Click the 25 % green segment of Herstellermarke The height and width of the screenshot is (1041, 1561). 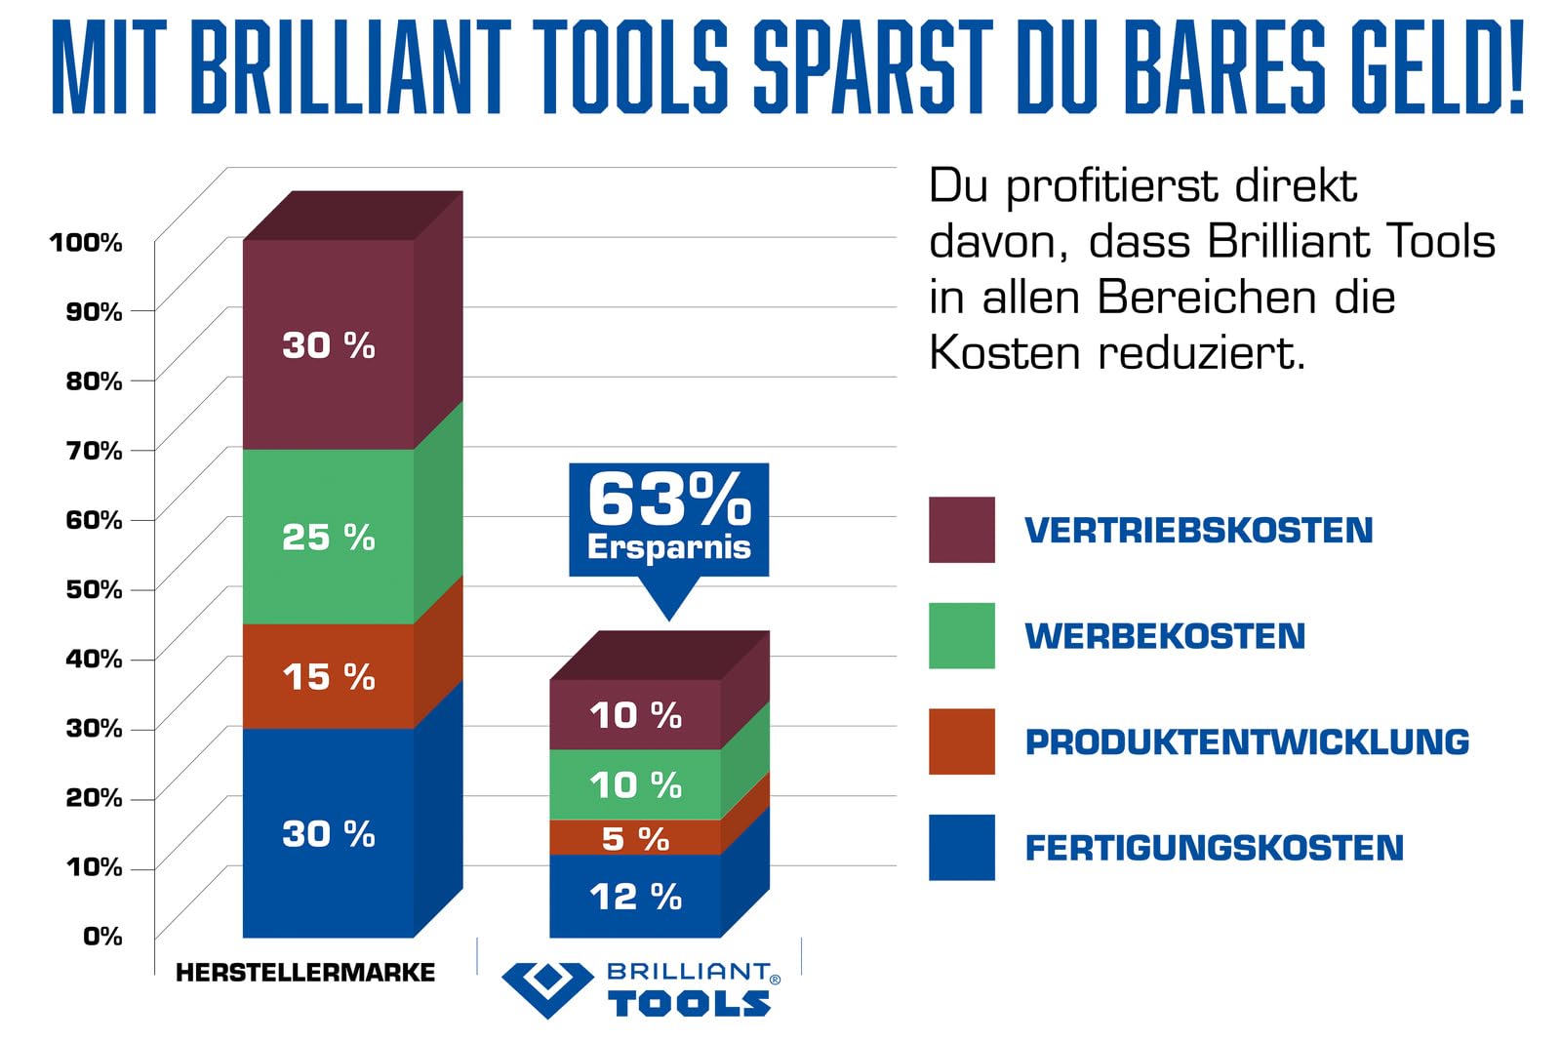(x=329, y=537)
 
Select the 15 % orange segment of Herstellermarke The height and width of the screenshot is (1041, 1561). (x=329, y=676)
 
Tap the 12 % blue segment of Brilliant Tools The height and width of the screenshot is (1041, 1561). (x=635, y=896)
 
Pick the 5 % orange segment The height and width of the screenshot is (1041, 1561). (x=635, y=837)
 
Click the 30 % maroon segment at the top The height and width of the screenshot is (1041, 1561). (x=329, y=344)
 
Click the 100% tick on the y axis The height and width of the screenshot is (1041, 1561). (x=87, y=242)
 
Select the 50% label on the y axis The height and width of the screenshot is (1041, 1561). (x=94, y=589)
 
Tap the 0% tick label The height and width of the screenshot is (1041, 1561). (x=102, y=937)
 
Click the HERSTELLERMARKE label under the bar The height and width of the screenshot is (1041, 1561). (x=305, y=972)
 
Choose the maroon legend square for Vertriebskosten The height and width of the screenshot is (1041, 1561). (x=962, y=530)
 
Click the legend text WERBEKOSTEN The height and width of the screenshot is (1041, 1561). (x=1165, y=636)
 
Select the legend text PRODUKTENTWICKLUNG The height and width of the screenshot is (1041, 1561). (x=1247, y=741)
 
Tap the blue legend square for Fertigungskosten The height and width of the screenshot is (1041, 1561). (x=962, y=847)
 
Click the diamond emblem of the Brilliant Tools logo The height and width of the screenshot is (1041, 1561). (x=548, y=987)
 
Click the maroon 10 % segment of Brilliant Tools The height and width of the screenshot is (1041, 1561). (x=635, y=714)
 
